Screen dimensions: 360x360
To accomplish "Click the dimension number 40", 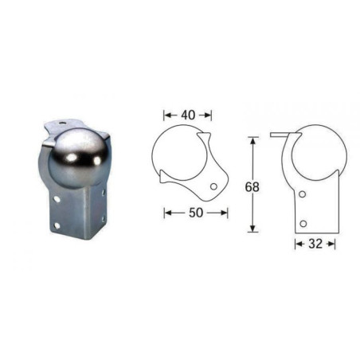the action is (188, 115).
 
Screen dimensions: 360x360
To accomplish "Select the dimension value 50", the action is (196, 213).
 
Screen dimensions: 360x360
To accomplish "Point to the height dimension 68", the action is (252, 187).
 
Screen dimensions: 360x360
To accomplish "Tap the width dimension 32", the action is (315, 244).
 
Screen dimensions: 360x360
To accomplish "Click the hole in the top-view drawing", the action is (213, 186).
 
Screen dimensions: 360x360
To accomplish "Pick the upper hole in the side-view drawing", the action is (302, 194).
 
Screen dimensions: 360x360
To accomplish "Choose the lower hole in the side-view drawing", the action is (303, 223).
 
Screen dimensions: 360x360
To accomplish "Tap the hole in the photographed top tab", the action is (62, 123).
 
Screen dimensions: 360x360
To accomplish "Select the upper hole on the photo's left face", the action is (57, 198).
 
